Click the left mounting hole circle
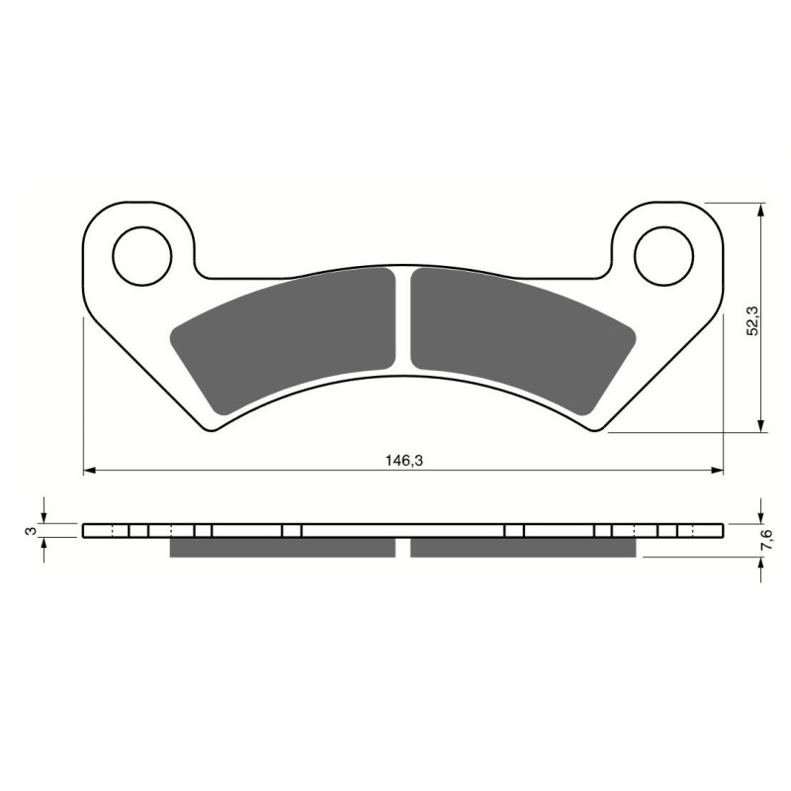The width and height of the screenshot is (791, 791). tap(142, 255)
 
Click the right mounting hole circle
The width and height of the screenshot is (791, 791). tap(663, 255)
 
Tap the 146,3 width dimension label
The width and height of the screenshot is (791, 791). tap(401, 460)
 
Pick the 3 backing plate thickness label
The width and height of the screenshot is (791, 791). tap(33, 530)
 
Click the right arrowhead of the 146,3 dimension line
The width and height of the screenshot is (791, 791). tap(718, 471)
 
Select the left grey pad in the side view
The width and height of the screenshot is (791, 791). tap(283, 547)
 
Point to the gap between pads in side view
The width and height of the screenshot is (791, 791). tap(402, 547)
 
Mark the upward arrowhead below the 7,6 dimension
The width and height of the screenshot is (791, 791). tap(759, 564)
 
